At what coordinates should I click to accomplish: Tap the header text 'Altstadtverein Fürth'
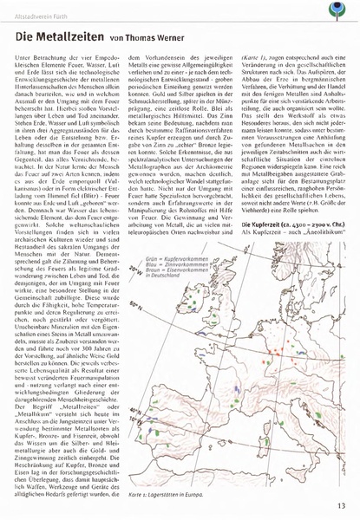tap(42, 8)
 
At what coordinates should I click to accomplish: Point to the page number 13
tap(342, 506)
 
